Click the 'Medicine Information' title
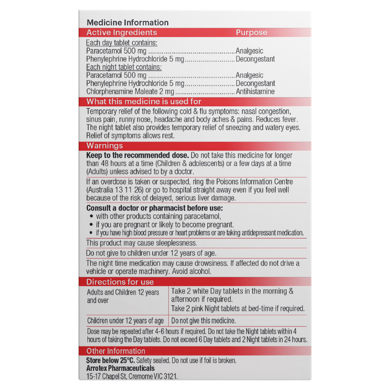click(128, 23)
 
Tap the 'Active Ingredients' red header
click(121, 33)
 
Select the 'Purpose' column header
click(251, 33)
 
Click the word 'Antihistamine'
click(255, 91)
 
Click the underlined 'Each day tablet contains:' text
click(121, 43)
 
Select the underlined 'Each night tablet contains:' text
click(124, 67)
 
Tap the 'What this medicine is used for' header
click(143, 102)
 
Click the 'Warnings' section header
click(104, 146)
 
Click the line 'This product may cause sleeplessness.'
click(142, 243)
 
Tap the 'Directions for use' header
click(120, 282)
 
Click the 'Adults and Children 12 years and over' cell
click(123, 296)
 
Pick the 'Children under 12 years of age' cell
click(125, 321)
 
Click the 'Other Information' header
click(116, 351)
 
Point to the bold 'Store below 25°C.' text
click(110, 360)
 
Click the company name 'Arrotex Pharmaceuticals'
click(120, 368)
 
